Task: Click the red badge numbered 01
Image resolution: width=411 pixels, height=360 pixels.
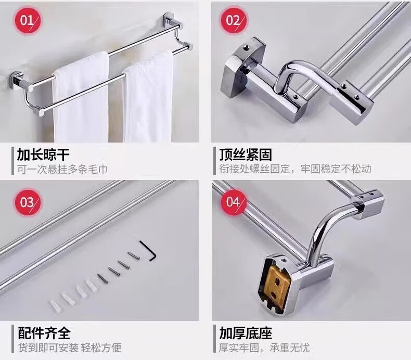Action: tap(27, 20)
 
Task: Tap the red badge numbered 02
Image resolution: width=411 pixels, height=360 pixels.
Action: tap(233, 20)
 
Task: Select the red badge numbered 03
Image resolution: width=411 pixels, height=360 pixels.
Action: tap(27, 202)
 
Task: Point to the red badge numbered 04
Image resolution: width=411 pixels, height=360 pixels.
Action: tap(233, 202)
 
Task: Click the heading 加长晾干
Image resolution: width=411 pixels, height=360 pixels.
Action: tap(43, 154)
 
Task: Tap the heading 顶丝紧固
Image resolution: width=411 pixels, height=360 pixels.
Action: tap(246, 154)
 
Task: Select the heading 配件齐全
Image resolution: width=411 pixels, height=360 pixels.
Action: tap(44, 333)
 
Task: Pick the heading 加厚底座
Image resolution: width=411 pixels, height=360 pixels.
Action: tap(246, 333)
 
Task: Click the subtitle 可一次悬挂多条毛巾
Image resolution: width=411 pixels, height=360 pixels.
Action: tap(62, 169)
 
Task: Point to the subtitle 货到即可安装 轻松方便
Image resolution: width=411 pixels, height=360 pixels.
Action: tap(70, 348)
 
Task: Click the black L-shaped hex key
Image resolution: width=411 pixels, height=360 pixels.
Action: tap(148, 250)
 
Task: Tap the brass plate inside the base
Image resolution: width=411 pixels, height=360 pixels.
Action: tap(277, 288)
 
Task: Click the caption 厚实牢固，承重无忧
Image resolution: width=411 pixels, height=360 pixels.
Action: tap(264, 348)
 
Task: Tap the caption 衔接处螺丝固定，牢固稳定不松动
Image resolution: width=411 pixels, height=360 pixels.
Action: tap(295, 169)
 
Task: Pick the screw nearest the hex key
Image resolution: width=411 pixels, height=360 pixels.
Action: tap(133, 255)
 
